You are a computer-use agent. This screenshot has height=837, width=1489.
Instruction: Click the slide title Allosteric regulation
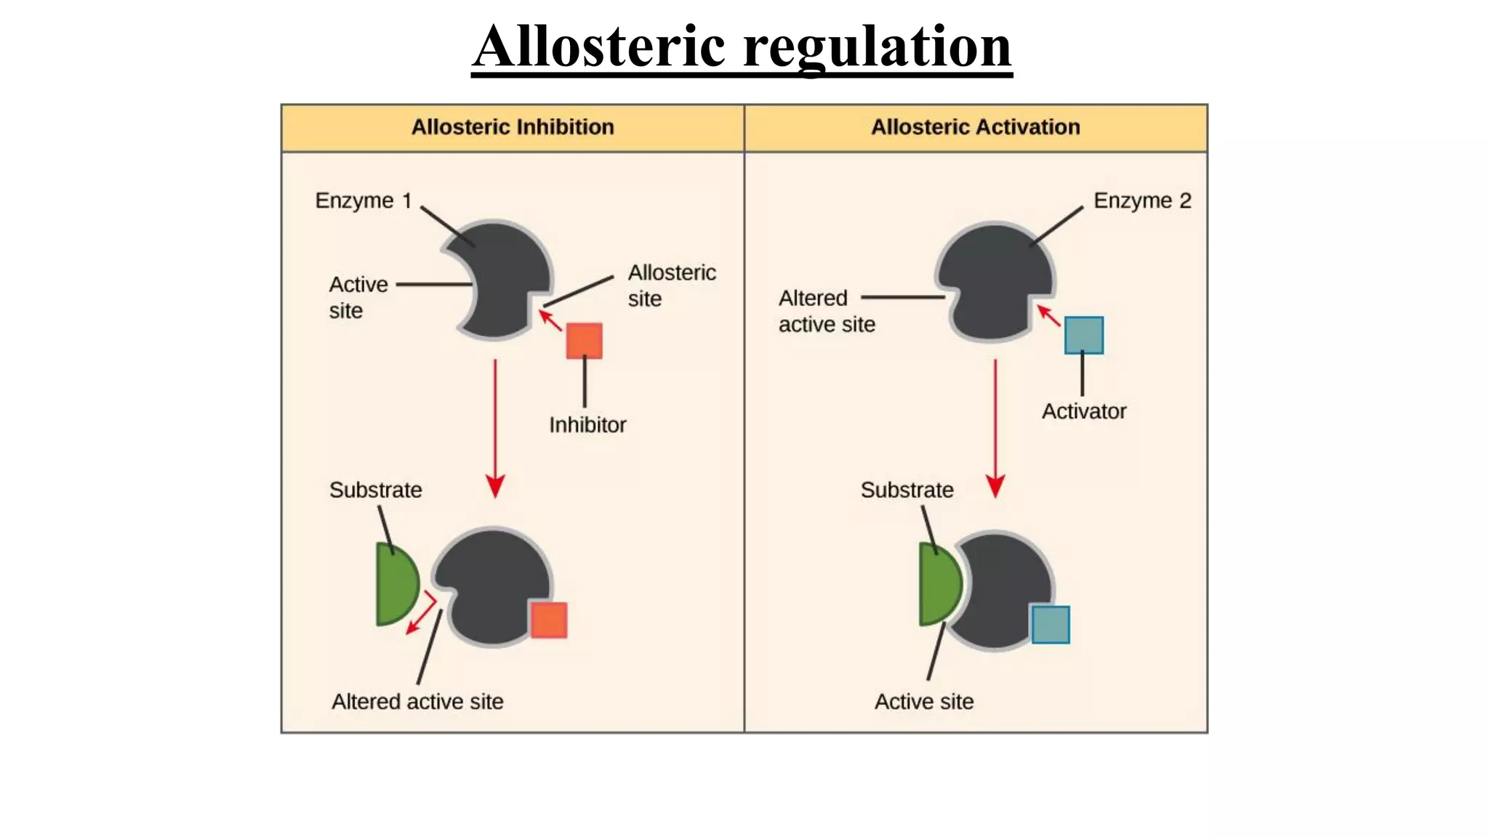click(742, 46)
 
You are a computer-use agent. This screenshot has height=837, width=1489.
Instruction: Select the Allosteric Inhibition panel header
click(513, 127)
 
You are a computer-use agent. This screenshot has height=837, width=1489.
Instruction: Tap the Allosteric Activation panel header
click(975, 127)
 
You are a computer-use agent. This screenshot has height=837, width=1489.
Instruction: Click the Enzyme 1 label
click(363, 201)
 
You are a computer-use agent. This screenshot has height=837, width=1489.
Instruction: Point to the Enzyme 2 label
click(1141, 201)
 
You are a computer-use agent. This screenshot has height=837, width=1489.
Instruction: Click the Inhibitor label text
click(587, 425)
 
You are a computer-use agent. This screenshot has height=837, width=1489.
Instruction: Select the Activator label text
click(1083, 411)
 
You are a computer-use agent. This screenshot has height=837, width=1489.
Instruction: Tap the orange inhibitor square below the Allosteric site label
click(585, 341)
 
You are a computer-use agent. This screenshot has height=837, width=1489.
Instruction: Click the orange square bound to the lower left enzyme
click(548, 620)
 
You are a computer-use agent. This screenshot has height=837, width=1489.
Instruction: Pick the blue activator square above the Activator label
click(1083, 335)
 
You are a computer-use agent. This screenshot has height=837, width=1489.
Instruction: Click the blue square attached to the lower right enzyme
click(1051, 625)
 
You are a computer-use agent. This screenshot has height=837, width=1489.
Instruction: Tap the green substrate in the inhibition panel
click(396, 585)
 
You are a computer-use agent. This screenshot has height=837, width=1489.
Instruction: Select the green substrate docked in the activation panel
click(939, 585)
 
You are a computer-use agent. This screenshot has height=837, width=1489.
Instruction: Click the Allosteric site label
click(671, 286)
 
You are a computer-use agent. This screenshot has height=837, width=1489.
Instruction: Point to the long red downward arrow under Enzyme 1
click(495, 429)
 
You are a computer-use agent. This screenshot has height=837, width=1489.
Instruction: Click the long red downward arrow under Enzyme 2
click(995, 429)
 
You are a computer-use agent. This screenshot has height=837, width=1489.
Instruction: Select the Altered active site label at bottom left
click(417, 702)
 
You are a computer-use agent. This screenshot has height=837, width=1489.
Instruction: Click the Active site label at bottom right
click(923, 702)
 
